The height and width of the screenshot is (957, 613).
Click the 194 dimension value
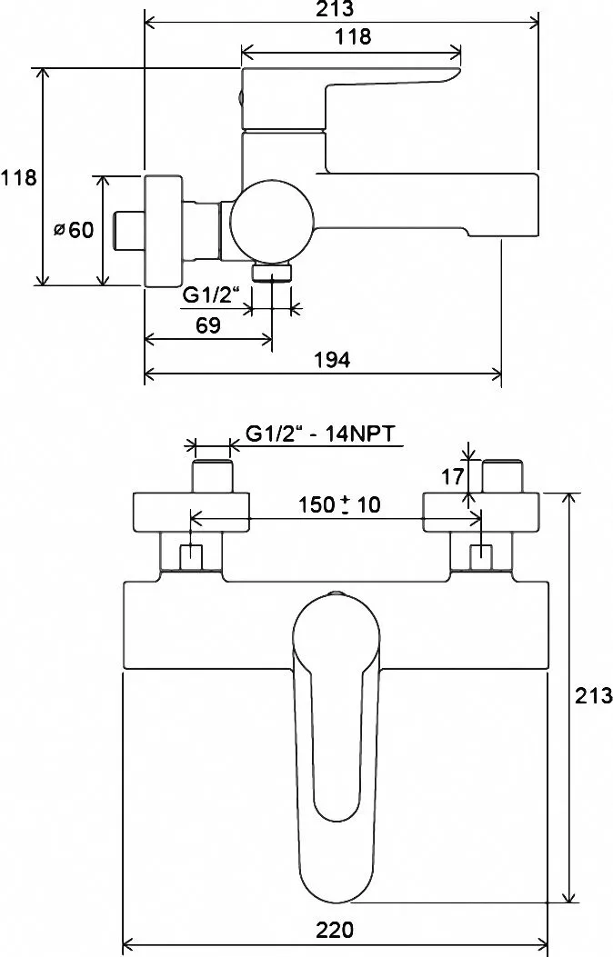[332, 360]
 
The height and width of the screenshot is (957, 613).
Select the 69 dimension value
[207, 324]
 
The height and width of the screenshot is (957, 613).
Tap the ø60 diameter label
[74, 230]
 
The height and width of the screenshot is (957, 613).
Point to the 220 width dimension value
[335, 930]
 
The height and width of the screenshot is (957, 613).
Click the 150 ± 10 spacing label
[339, 504]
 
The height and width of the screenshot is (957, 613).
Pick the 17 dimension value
[453, 475]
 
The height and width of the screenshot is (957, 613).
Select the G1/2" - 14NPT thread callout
[320, 434]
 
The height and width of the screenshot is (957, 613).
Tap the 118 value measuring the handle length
[353, 36]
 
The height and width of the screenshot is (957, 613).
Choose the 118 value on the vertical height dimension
[18, 178]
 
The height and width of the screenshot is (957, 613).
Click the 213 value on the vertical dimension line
[594, 694]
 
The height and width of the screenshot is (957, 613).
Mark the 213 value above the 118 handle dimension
[334, 8]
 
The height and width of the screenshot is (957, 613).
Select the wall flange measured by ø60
[164, 230]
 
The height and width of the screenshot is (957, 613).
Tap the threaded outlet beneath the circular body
[272, 273]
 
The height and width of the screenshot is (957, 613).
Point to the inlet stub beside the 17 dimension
[502, 476]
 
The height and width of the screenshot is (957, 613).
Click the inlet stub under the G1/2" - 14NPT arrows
[213, 476]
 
